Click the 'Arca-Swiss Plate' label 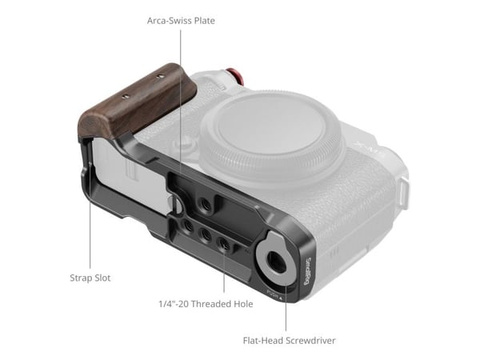tap(181, 21)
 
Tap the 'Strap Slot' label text tap(90, 278)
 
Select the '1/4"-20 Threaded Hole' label tap(206, 304)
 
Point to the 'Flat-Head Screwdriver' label tap(289, 341)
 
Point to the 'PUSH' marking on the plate tap(273, 294)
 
